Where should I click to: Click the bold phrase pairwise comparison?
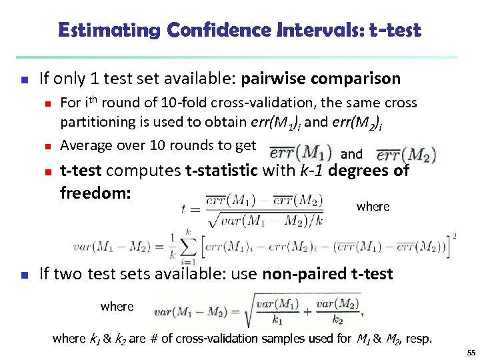point(321,79)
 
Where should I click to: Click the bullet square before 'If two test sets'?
point(24,274)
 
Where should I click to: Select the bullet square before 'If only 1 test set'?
point(24,80)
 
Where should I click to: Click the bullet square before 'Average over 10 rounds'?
point(47,146)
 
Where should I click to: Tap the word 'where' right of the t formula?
point(373,206)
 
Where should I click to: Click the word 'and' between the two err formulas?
point(351,154)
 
